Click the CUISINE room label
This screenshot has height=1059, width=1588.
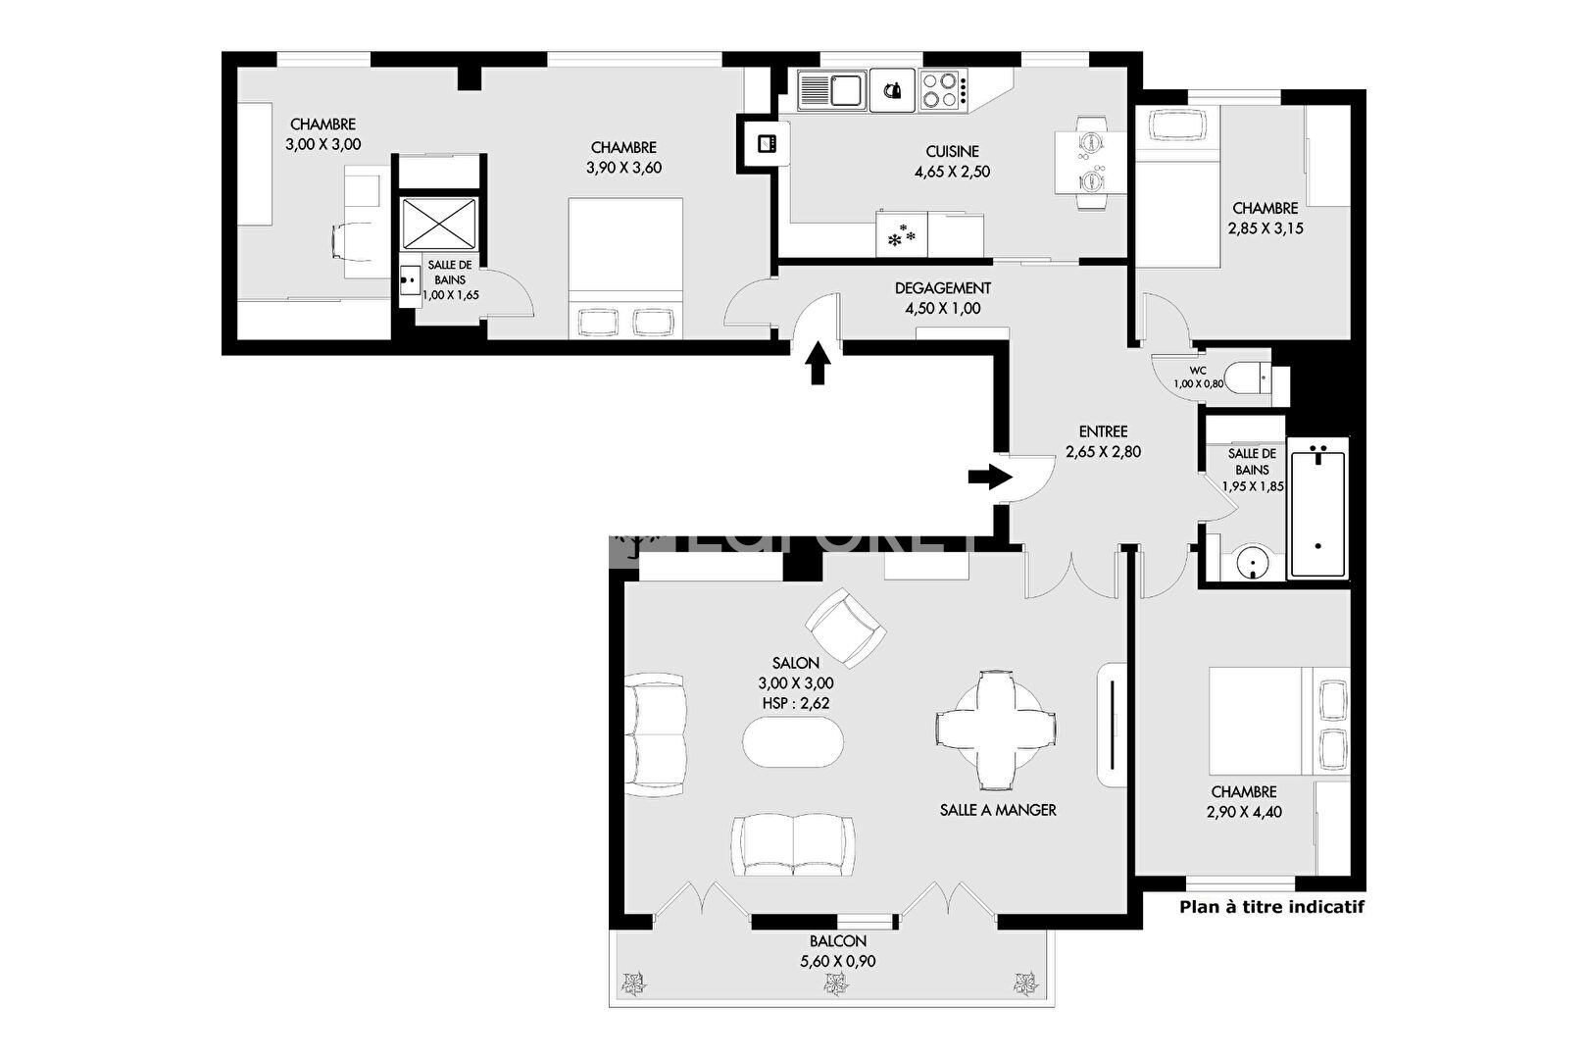952,151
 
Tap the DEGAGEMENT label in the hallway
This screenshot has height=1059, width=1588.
942,288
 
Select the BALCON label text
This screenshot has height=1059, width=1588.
838,941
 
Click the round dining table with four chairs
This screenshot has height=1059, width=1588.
995,730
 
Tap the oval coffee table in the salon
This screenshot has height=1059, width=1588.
793,741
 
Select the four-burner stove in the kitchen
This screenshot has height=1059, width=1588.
944,90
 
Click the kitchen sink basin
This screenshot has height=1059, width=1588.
846,90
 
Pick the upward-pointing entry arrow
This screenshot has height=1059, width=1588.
819,363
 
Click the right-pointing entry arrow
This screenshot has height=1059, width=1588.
990,477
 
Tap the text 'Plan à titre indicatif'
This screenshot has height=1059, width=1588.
1271,906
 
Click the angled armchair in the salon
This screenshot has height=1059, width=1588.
845,628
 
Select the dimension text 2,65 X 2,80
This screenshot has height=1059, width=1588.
1103,452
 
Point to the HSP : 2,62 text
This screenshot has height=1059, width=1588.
795,703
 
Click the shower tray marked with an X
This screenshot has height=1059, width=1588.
439,224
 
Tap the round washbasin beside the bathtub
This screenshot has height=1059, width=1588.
1252,564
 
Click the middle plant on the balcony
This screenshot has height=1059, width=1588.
836,983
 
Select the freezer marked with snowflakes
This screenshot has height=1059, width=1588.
902,234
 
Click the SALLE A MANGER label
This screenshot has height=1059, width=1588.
998,810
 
